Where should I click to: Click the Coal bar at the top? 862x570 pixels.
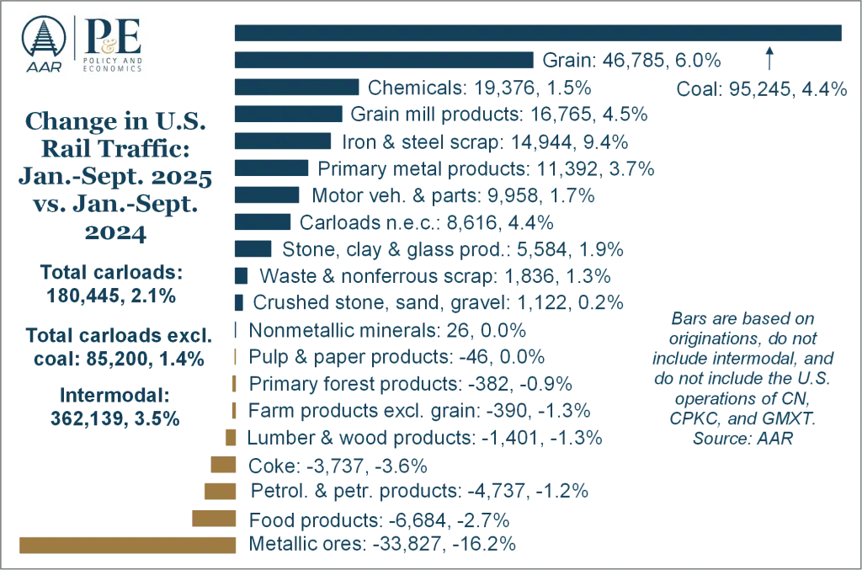[x=538, y=33]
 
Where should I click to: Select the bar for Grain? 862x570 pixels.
[x=384, y=60]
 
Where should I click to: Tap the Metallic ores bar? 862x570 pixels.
[x=128, y=546]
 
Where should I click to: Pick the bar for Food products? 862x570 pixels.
[x=214, y=519]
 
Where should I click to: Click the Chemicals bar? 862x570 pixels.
[x=297, y=87]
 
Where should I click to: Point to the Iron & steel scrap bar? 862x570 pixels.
[x=283, y=141]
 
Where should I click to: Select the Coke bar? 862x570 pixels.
[x=223, y=465]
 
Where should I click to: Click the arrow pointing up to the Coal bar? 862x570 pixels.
[x=769, y=58]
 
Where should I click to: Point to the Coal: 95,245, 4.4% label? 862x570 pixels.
[x=761, y=89]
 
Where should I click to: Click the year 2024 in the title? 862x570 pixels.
[x=115, y=232]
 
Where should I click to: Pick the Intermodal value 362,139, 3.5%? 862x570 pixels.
[x=114, y=418]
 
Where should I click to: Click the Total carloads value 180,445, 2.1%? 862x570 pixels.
[x=111, y=296]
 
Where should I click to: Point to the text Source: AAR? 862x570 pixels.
[x=742, y=439]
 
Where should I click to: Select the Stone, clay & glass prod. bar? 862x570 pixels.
[x=253, y=248]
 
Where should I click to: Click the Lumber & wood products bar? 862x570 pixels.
[x=231, y=438]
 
